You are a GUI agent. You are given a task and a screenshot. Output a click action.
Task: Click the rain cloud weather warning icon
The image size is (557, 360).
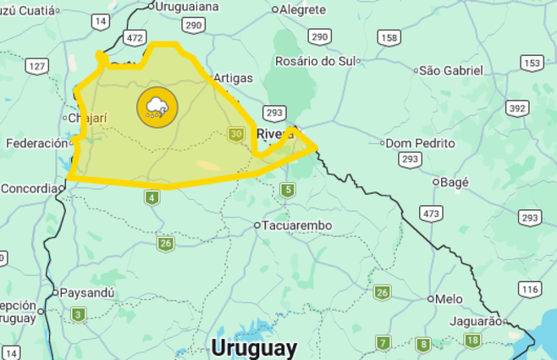point(157,108)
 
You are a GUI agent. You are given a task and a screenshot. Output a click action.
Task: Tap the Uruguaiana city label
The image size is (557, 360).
point(187,7)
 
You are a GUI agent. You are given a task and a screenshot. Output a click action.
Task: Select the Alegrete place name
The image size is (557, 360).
point(303,9)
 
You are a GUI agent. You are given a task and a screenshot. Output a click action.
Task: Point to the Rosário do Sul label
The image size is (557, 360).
point(314,61)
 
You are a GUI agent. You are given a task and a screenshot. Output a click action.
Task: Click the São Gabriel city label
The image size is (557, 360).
point(451,70)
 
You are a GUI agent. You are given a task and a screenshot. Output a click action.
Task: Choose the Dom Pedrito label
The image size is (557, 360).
point(422,142)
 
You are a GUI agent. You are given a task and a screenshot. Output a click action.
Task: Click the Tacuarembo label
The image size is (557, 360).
point(296,225)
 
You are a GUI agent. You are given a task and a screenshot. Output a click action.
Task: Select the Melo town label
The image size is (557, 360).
point(449,299)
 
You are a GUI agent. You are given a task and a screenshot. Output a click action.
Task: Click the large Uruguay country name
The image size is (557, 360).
point(254,347)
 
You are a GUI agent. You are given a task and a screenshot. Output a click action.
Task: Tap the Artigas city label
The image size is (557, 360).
point(233,78)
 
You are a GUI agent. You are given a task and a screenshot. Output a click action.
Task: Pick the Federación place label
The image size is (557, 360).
point(36,143)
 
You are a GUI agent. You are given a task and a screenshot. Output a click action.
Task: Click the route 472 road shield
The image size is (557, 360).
point(134,38)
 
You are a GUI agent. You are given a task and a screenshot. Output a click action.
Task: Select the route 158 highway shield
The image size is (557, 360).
point(389,37)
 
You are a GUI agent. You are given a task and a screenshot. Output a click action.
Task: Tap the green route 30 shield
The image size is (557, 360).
point(236,134)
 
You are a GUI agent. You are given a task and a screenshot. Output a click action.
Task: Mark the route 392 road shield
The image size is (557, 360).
point(517,108)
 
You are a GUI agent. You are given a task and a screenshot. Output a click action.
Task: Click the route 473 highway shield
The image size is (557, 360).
point(431,213)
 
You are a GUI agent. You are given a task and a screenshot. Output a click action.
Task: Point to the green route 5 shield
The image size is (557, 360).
point(288,190)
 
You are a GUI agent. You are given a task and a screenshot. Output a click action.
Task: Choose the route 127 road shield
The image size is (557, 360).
point(37,66)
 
